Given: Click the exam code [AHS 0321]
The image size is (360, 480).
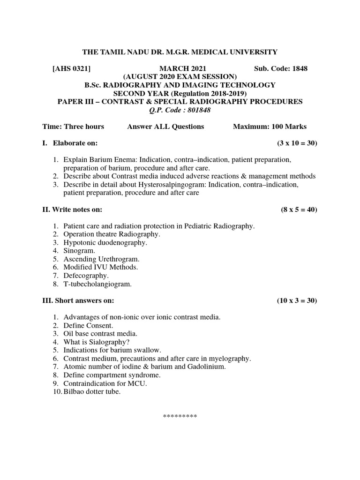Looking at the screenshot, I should (71, 68).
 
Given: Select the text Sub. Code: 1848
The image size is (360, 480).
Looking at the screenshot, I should (281, 68).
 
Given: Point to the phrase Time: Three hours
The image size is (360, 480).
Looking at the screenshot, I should (73, 127).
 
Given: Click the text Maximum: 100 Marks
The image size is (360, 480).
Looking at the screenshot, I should (270, 127).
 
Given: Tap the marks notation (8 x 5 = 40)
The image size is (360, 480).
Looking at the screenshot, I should (296, 209).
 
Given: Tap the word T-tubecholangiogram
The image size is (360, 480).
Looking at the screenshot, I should (97, 284).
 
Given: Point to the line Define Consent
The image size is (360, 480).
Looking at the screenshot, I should (89, 325).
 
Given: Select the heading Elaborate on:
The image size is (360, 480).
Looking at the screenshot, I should (75, 143).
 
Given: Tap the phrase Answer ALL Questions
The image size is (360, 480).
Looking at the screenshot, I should (165, 127).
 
